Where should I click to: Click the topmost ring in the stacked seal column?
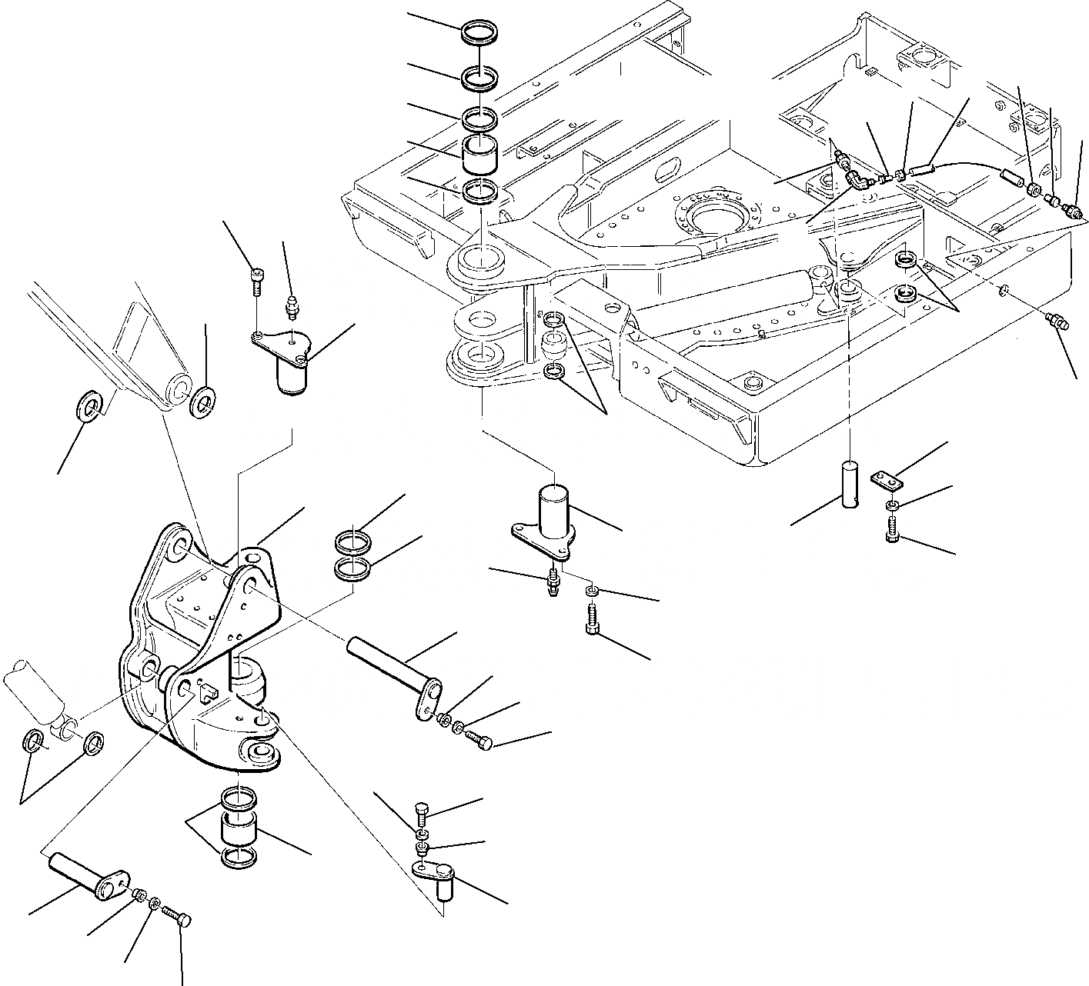479,34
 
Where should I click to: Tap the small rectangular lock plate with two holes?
887,481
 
